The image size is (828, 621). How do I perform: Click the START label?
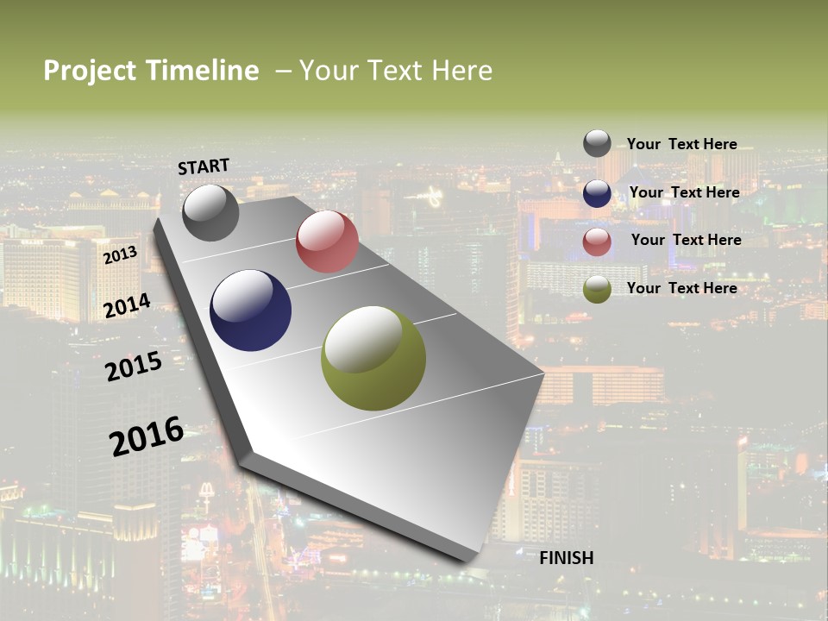204,166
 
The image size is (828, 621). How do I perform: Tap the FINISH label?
567,558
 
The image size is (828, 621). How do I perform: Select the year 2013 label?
120,255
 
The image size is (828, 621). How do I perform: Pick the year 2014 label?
128,305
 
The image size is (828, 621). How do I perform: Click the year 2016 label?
147,436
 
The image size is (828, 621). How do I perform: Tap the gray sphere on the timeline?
210,212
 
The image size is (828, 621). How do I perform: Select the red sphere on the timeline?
327,241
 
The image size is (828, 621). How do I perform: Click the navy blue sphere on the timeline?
250,310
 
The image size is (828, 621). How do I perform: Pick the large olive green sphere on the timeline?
373,358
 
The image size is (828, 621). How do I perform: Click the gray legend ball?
597,143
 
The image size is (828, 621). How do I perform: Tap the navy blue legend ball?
597,193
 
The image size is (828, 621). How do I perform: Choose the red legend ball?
597,241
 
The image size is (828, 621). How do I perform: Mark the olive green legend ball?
597,290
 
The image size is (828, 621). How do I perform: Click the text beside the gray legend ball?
681,144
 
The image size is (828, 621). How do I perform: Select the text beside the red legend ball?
686,240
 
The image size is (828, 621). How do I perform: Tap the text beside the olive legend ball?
681,288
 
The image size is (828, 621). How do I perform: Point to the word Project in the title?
91,71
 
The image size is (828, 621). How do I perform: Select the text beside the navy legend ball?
684,192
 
